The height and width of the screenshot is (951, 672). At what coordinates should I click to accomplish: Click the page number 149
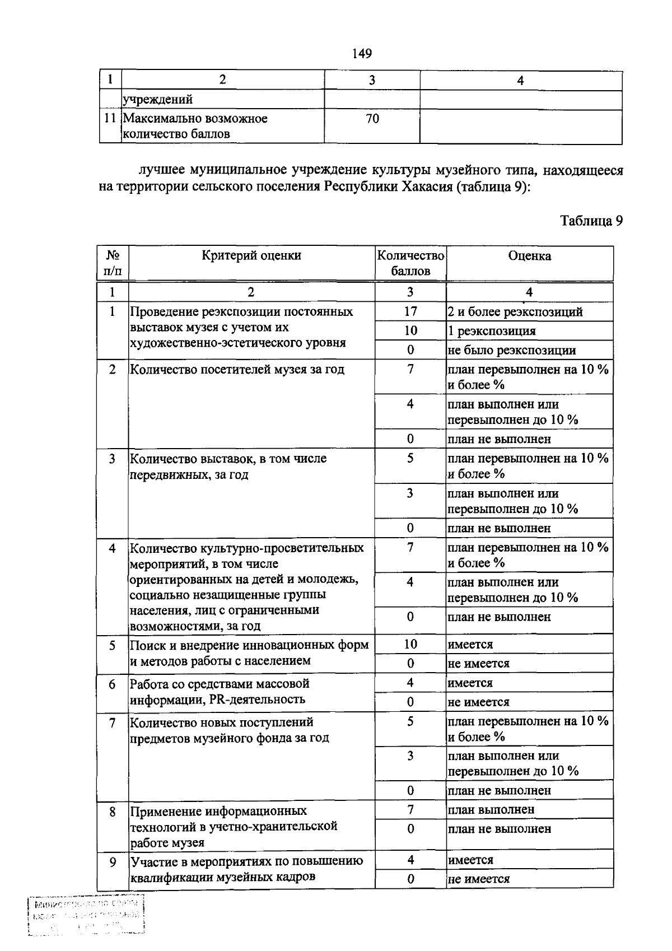(x=362, y=54)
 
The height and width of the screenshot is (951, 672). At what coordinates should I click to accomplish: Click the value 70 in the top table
(x=372, y=119)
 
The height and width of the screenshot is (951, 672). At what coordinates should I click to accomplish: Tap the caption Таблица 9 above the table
(x=591, y=221)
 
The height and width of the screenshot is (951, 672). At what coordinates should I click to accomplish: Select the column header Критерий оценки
(x=251, y=255)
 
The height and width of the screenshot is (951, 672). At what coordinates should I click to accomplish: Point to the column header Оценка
(x=529, y=256)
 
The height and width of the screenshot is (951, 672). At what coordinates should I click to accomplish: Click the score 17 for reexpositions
(x=410, y=311)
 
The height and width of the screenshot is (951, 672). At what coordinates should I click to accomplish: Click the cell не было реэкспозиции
(x=511, y=351)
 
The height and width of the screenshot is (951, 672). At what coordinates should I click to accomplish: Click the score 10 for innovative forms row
(x=410, y=644)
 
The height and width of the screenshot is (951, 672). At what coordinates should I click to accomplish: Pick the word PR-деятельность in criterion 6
(x=264, y=699)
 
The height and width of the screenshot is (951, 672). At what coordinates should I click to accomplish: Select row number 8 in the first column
(x=113, y=810)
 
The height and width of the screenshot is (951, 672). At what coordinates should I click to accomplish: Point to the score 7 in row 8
(x=410, y=809)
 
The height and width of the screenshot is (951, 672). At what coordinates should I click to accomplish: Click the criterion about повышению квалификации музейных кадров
(x=246, y=869)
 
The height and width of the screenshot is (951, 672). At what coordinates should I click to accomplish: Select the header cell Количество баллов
(x=410, y=263)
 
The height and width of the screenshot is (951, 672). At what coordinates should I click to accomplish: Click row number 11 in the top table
(x=110, y=119)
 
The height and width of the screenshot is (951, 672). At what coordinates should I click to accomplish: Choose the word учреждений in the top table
(x=158, y=100)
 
